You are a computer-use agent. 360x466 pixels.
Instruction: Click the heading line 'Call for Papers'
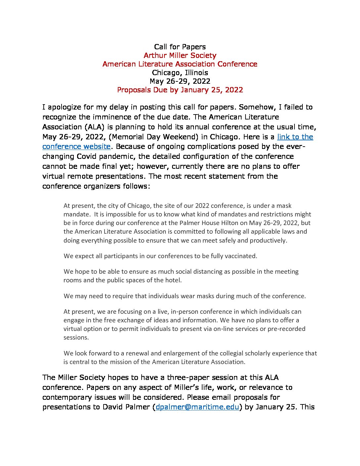tap(180, 47)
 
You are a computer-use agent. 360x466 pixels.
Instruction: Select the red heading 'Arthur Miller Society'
tap(180, 56)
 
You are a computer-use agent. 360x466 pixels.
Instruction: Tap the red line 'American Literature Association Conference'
tap(180, 64)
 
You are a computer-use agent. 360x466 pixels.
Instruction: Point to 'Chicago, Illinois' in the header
tap(180, 73)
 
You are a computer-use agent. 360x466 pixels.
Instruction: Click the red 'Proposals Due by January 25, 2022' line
tap(180, 90)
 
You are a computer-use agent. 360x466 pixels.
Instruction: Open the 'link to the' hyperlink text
tap(295, 137)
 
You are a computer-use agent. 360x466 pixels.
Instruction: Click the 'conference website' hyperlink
tap(76, 147)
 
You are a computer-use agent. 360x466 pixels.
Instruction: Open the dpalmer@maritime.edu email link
tap(197, 407)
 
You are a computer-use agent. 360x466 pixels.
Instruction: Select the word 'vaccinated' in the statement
tap(241, 256)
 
